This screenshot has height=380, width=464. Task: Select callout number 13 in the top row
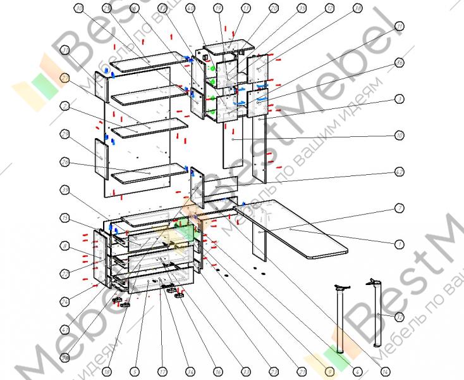[x=245, y=8]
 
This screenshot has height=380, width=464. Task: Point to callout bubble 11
[x=400, y=26]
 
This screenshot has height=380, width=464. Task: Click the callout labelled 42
[x=400, y=172]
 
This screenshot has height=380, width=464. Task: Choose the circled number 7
[x=400, y=208]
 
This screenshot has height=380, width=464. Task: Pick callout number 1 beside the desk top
[x=400, y=244]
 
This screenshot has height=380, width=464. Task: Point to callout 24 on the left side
[x=65, y=298]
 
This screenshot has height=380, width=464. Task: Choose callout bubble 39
[x=65, y=189]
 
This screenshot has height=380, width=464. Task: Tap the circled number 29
[x=65, y=134]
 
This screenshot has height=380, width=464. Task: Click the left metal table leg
[x=340, y=320]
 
